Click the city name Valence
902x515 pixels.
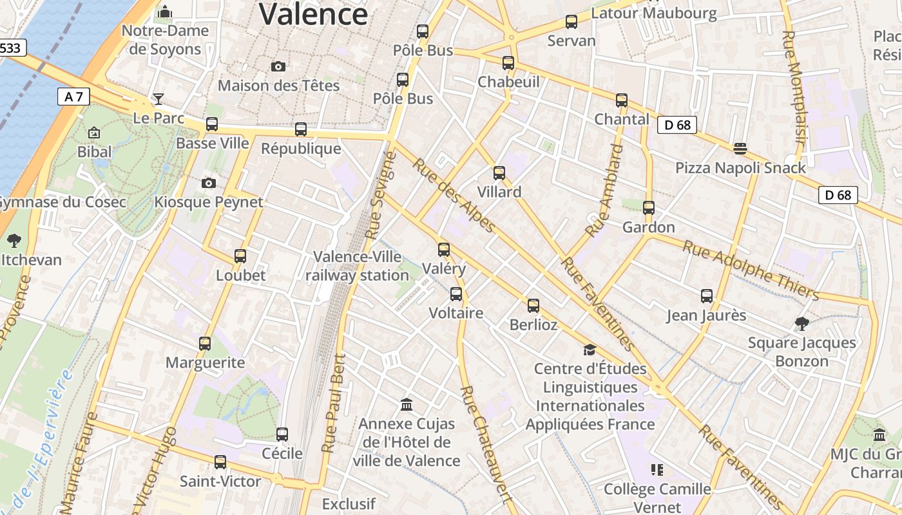pos(313,14)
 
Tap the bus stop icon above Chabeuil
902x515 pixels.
pos(508,63)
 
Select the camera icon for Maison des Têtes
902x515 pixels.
pos(278,66)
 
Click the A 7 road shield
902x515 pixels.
pos(73,97)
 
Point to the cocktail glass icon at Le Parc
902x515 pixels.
pos(158,99)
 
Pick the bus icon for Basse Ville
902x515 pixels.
pos(212,124)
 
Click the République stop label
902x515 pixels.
pos(301,149)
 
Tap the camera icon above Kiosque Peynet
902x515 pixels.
pos(208,183)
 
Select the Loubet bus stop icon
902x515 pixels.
pos(240,256)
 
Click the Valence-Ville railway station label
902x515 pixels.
pos(357,266)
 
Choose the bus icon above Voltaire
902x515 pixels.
pos(456,294)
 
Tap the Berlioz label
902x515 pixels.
pos(533,324)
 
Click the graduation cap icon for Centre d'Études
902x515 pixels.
pos(590,350)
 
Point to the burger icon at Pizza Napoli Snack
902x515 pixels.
pos(740,149)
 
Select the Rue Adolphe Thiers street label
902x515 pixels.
pos(751,270)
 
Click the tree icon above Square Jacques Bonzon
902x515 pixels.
pos(801,323)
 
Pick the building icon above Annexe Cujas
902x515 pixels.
pos(407,405)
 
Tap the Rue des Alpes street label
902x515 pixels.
pos(455,196)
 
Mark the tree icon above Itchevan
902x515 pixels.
pos(14,241)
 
